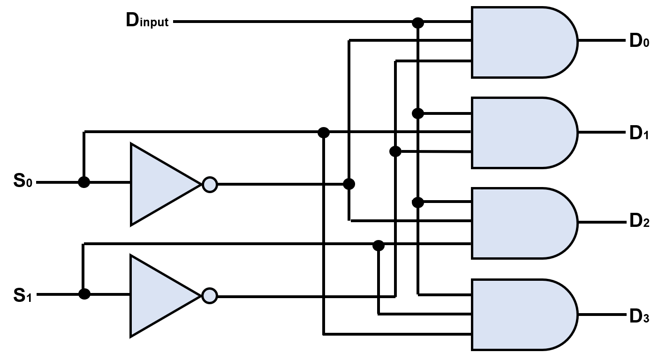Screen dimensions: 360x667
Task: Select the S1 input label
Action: pos(23,295)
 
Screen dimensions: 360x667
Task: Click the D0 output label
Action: pos(639,41)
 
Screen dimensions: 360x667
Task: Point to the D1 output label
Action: pos(639,133)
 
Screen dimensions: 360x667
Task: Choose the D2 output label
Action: pos(639,221)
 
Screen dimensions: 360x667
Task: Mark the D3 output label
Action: pos(639,316)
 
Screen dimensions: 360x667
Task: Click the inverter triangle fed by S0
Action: pos(159,184)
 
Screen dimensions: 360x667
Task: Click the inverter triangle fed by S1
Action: pos(159,296)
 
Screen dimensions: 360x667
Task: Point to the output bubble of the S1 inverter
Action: pos(210,296)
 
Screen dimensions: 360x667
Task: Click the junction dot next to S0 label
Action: pos(84,182)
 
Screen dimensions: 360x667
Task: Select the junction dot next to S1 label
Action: pos(84,294)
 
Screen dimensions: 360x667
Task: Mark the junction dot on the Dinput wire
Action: pos(417,22)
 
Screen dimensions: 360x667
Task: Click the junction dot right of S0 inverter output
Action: pos(349,184)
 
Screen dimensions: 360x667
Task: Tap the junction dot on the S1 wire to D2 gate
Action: pos(379,245)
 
